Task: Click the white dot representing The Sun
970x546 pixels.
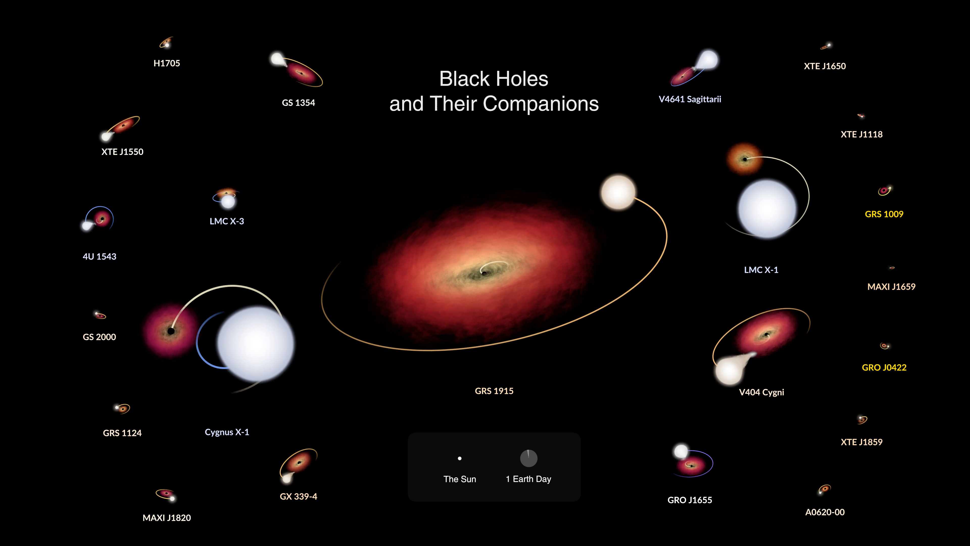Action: click(460, 459)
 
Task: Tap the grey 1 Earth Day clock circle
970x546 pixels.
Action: click(529, 458)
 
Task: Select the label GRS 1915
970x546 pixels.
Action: click(494, 391)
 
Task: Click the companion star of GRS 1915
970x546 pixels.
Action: click(618, 192)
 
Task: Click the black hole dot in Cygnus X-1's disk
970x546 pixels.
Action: click(171, 331)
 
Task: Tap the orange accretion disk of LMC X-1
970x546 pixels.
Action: click(744, 159)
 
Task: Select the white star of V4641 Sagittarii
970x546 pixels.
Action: click(708, 60)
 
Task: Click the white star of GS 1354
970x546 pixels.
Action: click(277, 59)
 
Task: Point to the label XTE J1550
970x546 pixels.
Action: click(122, 152)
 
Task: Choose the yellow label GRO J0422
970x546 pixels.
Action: click(884, 367)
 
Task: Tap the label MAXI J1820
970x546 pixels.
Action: click(167, 518)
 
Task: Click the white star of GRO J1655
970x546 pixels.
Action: click(681, 451)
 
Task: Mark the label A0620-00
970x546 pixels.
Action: click(825, 512)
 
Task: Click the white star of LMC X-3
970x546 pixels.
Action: click(228, 201)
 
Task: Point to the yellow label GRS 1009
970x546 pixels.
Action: click(884, 214)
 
